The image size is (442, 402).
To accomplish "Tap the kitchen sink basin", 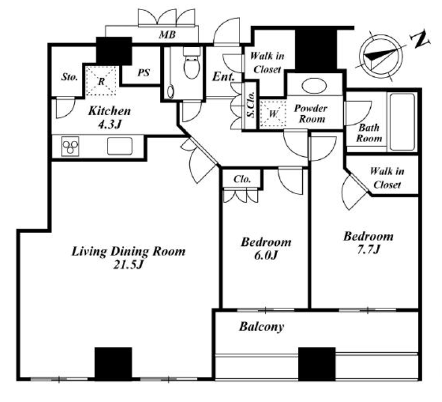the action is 120,146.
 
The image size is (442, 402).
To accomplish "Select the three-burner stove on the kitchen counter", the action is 70,147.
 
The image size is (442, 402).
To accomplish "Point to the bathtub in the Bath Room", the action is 402,122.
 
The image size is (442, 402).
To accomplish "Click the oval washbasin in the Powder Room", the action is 314,85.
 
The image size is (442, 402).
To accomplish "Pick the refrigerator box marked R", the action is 101,81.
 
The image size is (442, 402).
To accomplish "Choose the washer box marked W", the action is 273,113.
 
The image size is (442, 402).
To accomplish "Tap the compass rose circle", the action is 381,56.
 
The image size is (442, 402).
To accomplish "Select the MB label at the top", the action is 167,35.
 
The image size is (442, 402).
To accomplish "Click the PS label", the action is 144,73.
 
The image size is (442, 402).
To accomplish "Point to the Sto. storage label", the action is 70,77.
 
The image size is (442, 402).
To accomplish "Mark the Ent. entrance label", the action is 223,76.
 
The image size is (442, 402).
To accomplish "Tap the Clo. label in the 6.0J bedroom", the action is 242,179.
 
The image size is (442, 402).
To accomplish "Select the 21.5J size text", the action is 128,264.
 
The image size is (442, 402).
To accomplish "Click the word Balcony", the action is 261,327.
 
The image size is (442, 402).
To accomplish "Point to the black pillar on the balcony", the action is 317,364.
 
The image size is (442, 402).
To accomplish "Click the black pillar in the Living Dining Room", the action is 113,364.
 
